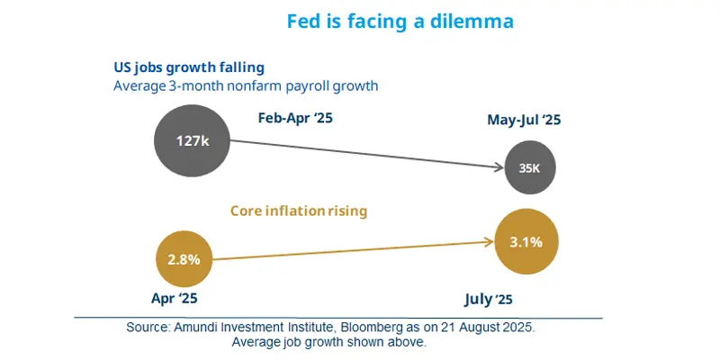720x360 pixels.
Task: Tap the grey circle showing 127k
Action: click(193, 140)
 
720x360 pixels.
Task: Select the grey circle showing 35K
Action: click(529, 167)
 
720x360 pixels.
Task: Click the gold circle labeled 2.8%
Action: click(189, 259)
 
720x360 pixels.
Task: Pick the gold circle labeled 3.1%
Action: click(525, 240)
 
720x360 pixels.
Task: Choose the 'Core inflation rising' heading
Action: click(299, 211)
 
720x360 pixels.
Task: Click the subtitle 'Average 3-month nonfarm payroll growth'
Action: click(245, 86)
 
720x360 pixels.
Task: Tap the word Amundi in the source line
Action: click(209, 328)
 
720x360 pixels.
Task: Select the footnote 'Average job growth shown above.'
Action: click(333, 343)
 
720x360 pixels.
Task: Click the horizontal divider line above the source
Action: click(337, 318)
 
